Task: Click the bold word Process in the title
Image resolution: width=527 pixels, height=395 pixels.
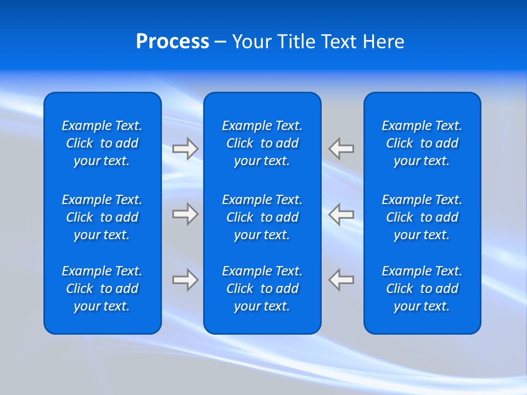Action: coord(172,42)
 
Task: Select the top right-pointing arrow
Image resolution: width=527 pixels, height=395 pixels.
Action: coord(185,149)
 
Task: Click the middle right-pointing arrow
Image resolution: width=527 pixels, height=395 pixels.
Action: coord(185,214)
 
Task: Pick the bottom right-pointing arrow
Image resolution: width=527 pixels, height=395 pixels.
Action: coord(185,280)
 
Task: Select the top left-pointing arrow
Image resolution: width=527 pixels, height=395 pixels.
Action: coord(341,149)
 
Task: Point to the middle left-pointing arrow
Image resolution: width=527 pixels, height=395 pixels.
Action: coord(341,214)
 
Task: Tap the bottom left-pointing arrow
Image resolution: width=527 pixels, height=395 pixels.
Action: coord(341,280)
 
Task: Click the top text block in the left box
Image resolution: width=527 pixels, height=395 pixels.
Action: coord(102,143)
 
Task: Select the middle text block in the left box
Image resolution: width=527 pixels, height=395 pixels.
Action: coord(102,217)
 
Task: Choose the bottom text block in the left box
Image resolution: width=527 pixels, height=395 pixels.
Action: coord(102,289)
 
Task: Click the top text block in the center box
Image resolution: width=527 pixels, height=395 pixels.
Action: coord(262,143)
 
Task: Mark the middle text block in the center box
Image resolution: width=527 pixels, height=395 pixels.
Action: coord(262,217)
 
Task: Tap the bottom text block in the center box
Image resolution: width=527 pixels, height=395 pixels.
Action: coord(262,289)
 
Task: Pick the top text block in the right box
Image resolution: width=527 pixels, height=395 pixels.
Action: coord(422,143)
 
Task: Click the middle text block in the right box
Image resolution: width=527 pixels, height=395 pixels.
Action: coord(422,217)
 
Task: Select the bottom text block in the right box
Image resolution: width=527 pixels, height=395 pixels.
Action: coord(422,289)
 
